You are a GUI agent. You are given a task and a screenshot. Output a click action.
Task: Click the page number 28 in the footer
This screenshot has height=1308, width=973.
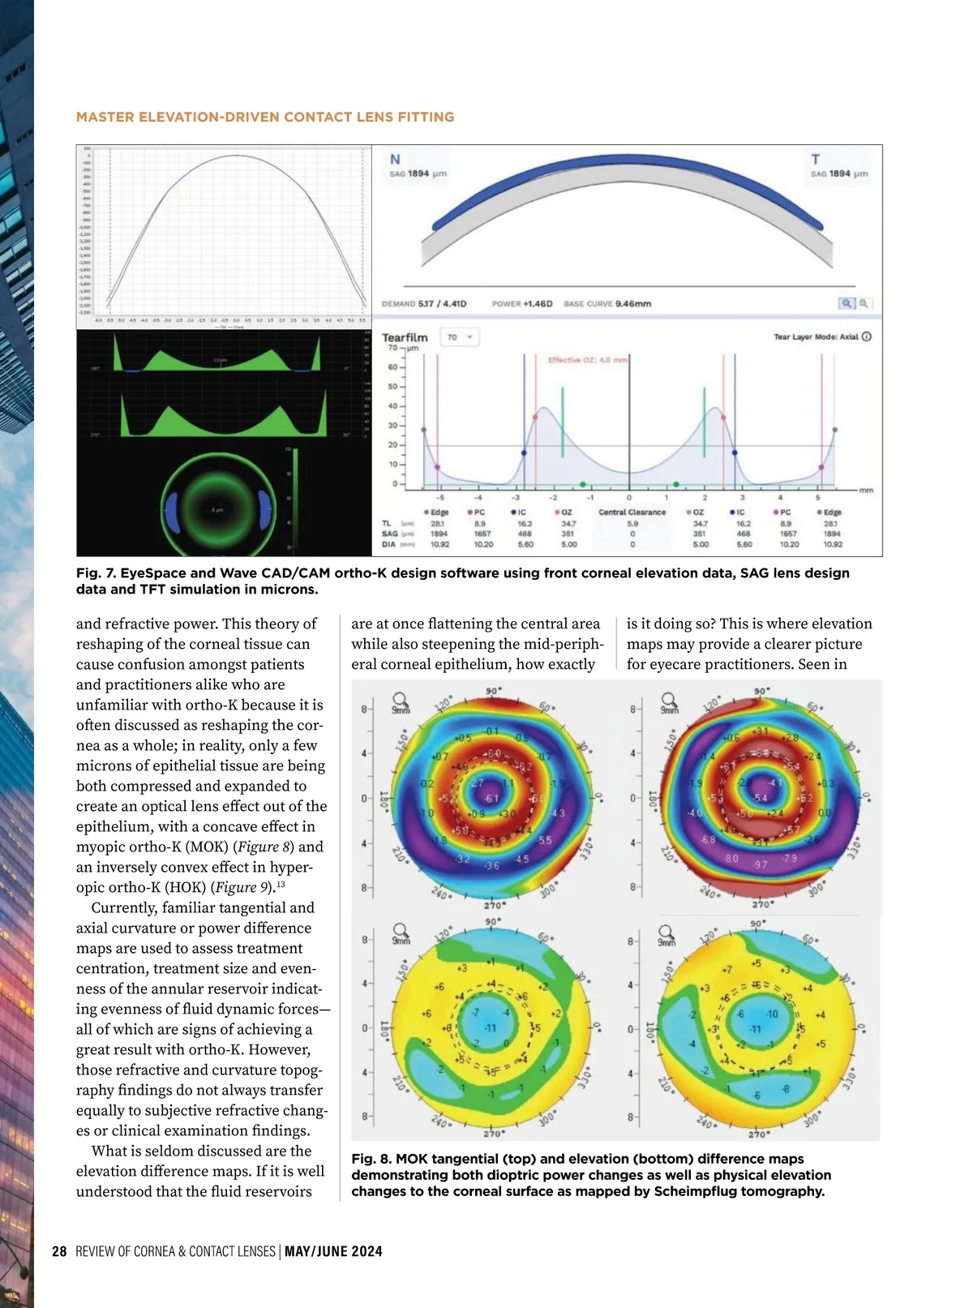tap(59, 1251)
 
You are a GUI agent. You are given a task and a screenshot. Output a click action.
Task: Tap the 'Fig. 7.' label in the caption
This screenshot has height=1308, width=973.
tap(96, 573)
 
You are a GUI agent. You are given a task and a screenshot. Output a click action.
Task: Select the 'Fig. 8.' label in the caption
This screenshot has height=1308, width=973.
tap(371, 1159)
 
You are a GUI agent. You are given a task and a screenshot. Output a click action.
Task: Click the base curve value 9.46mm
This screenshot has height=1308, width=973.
tap(632, 304)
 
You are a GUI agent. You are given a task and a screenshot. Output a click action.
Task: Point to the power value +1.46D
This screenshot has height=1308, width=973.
tap(538, 304)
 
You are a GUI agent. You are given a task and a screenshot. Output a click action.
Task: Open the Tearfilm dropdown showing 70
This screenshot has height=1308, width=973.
tap(459, 337)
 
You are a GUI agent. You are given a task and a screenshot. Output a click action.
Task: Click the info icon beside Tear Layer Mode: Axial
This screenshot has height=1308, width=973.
tap(867, 337)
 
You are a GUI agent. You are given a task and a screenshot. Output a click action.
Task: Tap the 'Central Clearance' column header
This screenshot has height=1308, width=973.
tap(632, 512)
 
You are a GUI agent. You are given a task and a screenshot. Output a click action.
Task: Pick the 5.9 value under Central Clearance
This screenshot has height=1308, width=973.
tap(632, 524)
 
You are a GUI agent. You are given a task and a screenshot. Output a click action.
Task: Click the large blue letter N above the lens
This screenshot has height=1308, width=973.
tap(395, 160)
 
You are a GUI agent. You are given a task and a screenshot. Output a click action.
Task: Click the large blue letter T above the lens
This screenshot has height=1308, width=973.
tap(815, 160)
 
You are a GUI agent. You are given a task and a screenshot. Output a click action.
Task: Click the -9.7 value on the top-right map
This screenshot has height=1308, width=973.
tap(760, 865)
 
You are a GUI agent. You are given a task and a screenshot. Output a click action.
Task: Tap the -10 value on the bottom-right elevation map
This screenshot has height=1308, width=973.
tap(771, 1014)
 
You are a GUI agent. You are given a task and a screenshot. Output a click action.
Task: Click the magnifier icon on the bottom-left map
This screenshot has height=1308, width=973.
tap(399, 931)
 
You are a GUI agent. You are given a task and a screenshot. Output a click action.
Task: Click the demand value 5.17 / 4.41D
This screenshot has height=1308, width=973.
tap(443, 304)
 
